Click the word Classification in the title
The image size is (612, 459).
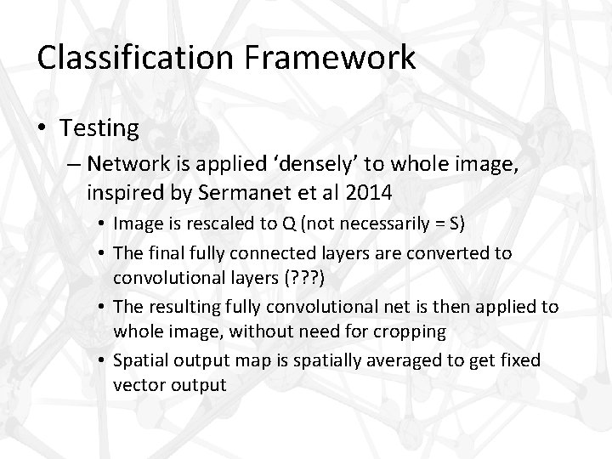point(133,58)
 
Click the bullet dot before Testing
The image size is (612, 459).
point(42,129)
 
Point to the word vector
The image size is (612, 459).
point(139,384)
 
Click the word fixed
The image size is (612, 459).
point(518,360)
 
